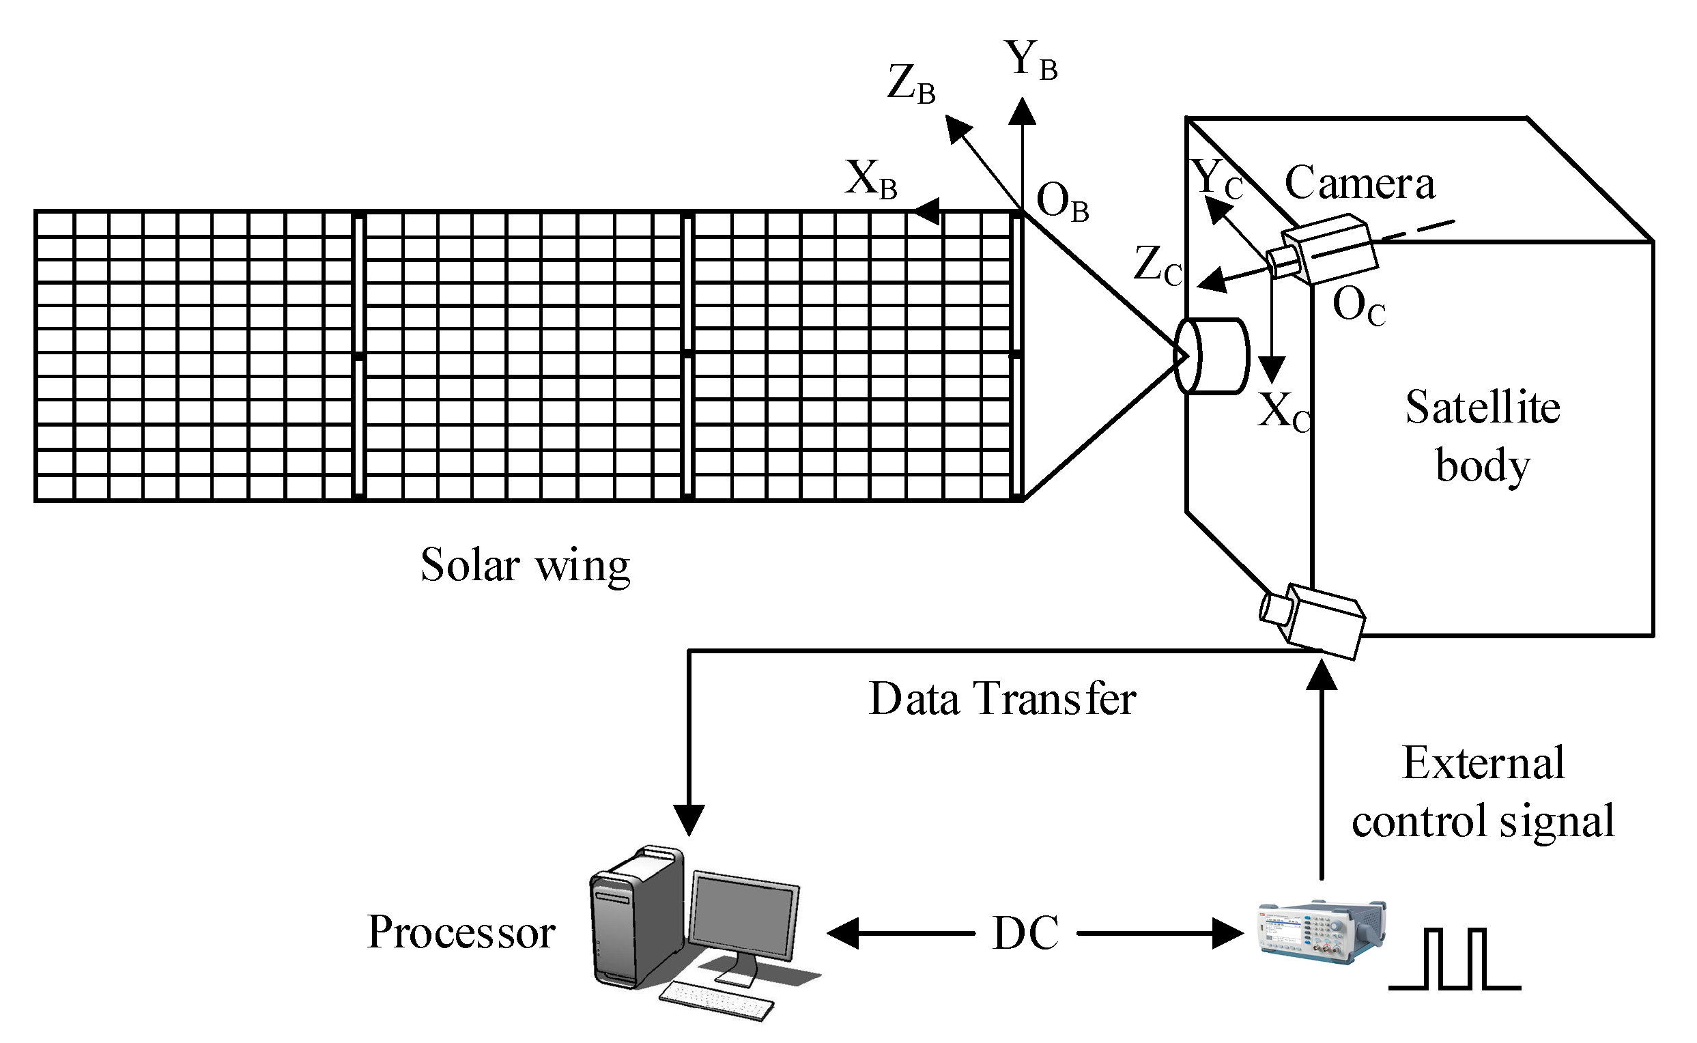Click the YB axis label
(x=1031, y=61)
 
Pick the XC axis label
(x=1283, y=412)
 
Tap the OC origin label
(x=1358, y=306)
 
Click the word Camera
(x=1359, y=184)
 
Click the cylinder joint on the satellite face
(x=1212, y=356)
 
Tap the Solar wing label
(x=525, y=566)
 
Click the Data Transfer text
(x=1001, y=700)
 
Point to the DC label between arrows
(x=1025, y=933)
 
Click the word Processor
(x=461, y=932)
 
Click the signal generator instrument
(x=1322, y=931)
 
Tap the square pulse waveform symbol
(x=1454, y=960)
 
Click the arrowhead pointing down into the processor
(x=689, y=820)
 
